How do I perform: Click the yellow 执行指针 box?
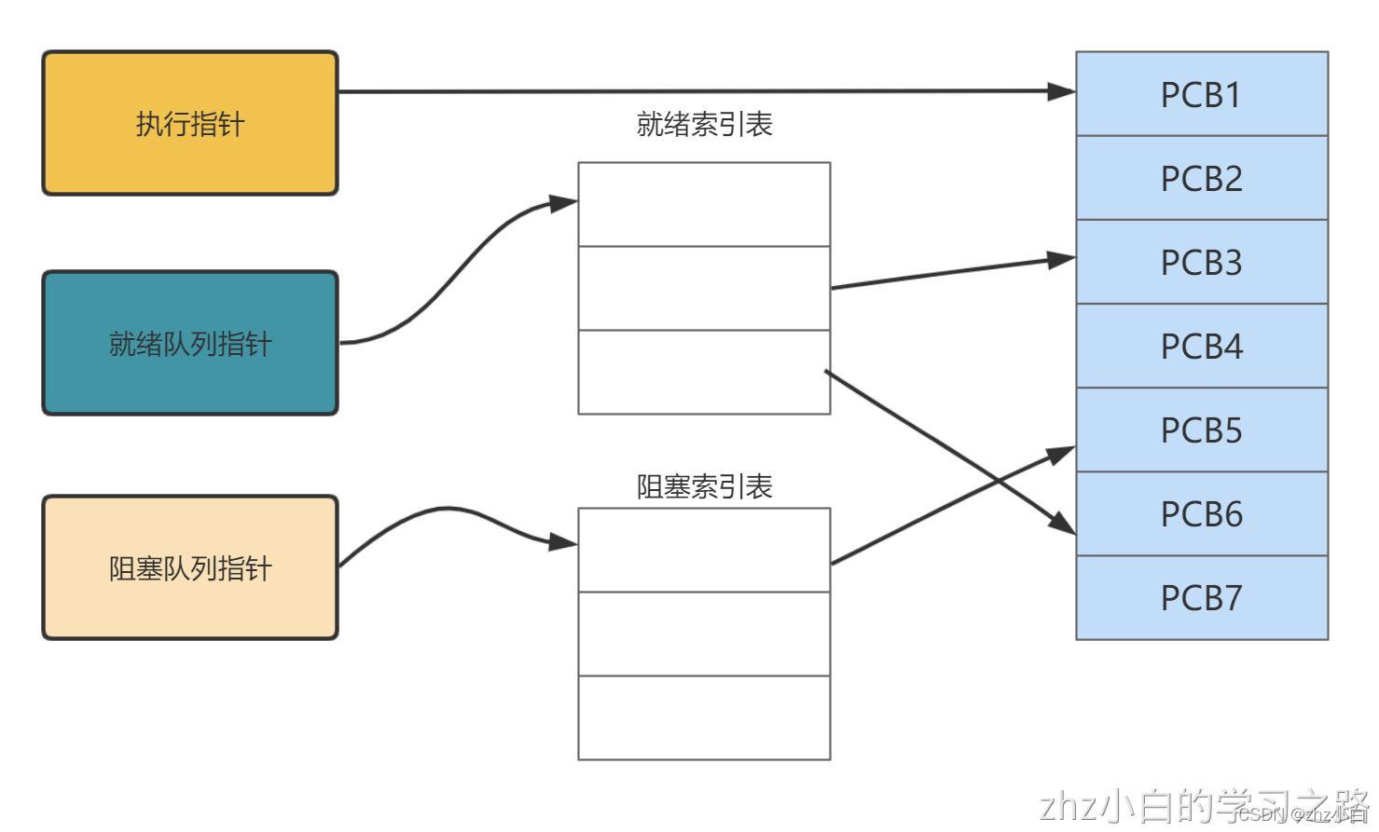pos(190,123)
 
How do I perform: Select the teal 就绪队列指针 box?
pos(190,343)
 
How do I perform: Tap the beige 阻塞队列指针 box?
pos(190,567)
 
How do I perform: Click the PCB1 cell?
pos(1201,94)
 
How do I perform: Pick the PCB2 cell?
pos(1201,178)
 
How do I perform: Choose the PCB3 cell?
pos(1201,262)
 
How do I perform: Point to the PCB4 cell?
pos(1201,346)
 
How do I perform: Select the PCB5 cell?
pos(1201,430)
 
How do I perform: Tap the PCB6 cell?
pos(1201,513)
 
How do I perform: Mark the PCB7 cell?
pos(1201,597)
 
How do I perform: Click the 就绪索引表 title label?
pos(704,124)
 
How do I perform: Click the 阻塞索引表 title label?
pos(704,486)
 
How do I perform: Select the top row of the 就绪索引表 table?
pos(704,205)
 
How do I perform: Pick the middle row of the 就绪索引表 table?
pos(704,288)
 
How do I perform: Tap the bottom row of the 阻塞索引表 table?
pos(704,717)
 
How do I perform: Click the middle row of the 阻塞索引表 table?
pos(704,634)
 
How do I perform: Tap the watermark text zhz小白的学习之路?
pos(1203,806)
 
